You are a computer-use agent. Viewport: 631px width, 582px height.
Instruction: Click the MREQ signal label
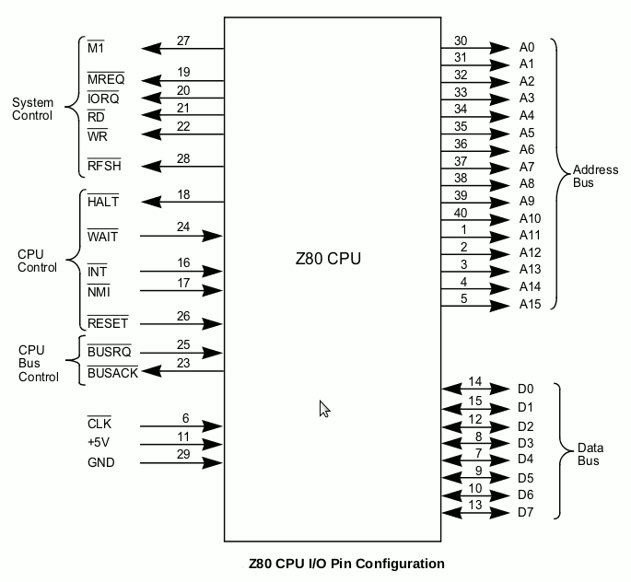tap(106, 79)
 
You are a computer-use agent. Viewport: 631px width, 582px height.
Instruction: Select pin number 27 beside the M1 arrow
tap(183, 41)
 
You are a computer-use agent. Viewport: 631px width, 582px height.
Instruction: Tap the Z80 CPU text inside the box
tap(328, 258)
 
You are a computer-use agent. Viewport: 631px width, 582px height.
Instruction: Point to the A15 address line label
tap(530, 304)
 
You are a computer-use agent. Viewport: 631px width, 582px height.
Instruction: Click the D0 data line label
tap(525, 389)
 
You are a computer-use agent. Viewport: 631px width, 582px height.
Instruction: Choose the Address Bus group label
tap(596, 176)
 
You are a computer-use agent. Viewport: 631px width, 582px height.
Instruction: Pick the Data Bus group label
tap(590, 454)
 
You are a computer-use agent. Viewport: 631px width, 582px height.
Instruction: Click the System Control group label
tap(32, 109)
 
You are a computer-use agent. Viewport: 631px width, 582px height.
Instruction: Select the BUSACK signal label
tap(112, 373)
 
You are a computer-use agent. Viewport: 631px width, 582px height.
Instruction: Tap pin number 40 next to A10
tap(461, 213)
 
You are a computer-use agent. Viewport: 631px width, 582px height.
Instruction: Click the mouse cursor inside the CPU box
tap(324, 408)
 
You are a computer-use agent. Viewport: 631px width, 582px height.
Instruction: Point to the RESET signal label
tap(108, 323)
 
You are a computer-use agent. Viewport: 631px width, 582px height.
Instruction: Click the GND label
tap(101, 462)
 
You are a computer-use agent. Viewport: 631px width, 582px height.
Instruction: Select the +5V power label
tap(99, 442)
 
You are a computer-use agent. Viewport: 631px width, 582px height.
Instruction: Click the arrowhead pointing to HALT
tap(151, 202)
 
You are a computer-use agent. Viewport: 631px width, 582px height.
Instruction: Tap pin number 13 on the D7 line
tap(475, 505)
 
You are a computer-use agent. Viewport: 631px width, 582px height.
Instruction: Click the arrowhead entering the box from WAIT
tap(212, 236)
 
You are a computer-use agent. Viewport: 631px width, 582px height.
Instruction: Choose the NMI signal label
tap(99, 292)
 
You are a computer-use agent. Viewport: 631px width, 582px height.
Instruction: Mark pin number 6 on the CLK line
tap(185, 418)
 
